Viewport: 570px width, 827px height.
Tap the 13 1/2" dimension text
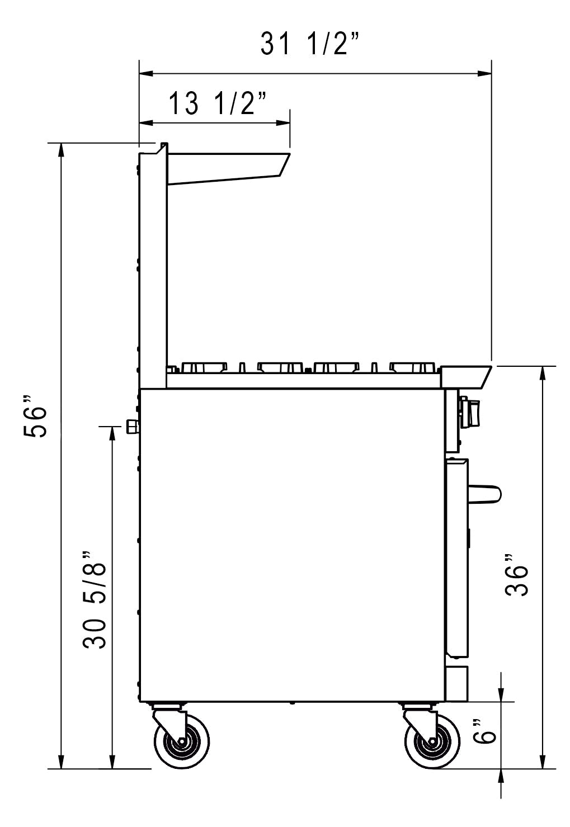pos(217,103)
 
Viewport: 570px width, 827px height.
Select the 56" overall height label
pos(35,417)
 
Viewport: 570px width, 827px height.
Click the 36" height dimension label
pos(516,576)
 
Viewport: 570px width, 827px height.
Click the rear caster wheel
pos(182,743)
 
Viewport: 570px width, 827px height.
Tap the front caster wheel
pos(432,743)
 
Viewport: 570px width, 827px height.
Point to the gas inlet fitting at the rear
pos(133,427)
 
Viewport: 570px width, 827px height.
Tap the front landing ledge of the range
pos(466,376)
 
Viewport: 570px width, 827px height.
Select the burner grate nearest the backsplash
pos(202,367)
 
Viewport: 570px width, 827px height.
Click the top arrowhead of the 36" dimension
pos(541,372)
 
